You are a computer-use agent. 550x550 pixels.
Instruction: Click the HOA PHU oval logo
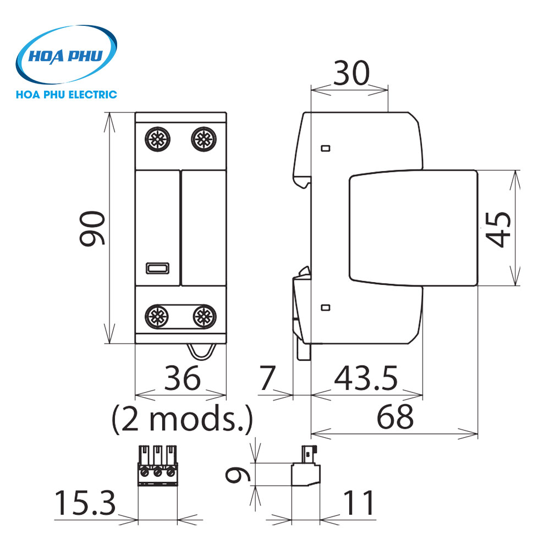(67, 54)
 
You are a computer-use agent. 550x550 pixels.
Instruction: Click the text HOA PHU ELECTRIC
(67, 95)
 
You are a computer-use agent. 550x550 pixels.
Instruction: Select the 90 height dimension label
(92, 228)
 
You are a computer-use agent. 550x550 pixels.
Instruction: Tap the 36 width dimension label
(183, 378)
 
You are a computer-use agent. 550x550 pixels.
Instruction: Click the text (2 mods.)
(182, 419)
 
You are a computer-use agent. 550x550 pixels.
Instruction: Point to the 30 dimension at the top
(351, 73)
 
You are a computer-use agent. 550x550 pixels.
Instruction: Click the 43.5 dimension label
(366, 378)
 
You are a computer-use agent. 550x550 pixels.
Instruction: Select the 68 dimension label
(395, 417)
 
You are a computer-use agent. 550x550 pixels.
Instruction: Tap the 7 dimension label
(268, 378)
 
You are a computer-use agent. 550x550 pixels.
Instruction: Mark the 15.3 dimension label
(85, 503)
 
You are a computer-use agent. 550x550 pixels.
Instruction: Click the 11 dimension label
(359, 503)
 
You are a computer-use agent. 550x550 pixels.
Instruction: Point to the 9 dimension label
(238, 475)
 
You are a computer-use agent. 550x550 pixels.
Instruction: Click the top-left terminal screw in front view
(157, 139)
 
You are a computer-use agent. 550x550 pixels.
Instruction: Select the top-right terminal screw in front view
(204, 139)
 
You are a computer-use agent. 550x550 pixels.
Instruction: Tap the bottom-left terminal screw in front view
(157, 317)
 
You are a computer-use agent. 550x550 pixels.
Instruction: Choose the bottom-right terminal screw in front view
(204, 317)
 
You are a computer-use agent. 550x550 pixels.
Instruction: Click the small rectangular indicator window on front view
(157, 268)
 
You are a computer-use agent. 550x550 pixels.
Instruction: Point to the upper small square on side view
(326, 148)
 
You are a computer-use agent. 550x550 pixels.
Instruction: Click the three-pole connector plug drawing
(157, 466)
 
